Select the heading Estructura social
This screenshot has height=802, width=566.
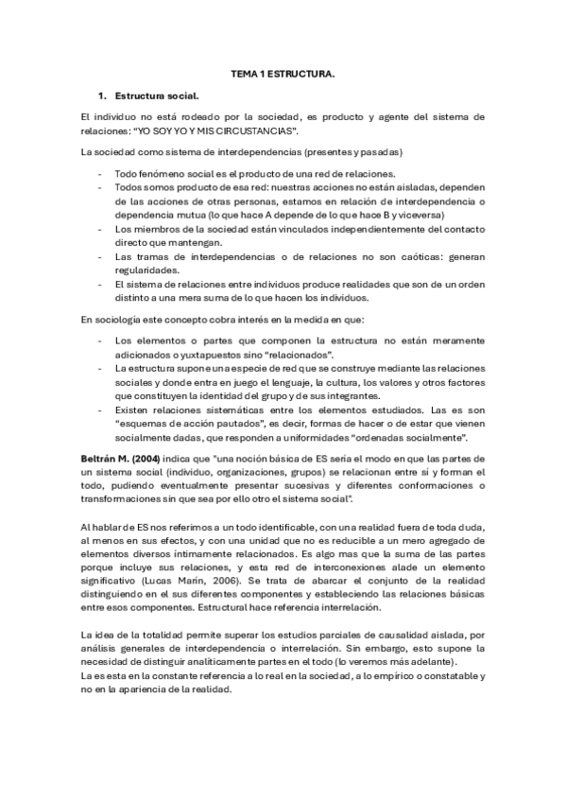(157, 96)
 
